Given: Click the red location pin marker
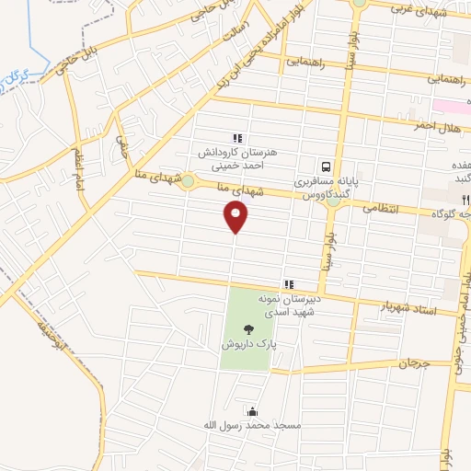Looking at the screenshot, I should click(x=235, y=217).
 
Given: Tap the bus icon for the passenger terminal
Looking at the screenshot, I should click(x=326, y=167).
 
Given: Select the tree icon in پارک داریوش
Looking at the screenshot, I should click(x=247, y=328).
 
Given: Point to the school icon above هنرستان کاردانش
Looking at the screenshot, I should click(x=237, y=138).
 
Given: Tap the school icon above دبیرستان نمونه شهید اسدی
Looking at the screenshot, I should click(x=289, y=283).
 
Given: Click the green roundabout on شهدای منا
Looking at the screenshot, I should click(x=188, y=181).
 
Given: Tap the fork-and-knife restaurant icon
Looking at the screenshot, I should click(x=465, y=199).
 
